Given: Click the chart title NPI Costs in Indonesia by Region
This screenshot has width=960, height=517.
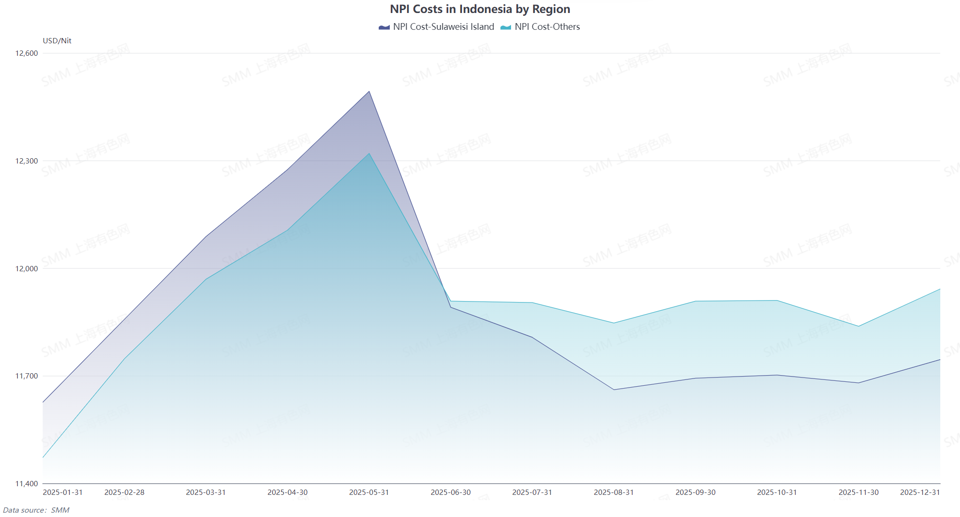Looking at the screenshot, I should tap(480, 9).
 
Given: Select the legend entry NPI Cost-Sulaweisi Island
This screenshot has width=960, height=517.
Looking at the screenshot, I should tap(436, 27).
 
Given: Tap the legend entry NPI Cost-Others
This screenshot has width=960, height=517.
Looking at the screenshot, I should tap(540, 27).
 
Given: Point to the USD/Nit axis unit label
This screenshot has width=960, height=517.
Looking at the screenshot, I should tap(57, 41).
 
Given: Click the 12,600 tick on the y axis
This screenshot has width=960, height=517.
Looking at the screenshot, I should tap(26, 53).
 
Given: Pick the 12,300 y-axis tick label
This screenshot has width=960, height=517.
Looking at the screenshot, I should tap(26, 161).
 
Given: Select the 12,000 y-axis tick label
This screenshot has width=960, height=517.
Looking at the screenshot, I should tap(26, 269).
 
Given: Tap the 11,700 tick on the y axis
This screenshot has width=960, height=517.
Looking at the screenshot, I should tap(26, 376).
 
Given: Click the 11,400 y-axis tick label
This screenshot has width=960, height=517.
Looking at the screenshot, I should tap(26, 484).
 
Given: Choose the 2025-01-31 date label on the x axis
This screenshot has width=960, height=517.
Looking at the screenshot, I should tap(63, 492).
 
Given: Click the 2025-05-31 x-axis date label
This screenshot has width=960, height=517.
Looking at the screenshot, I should tap(369, 492).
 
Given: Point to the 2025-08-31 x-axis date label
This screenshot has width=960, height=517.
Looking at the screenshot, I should tap(614, 492).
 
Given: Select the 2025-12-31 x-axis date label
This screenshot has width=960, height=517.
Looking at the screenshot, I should tap(920, 492).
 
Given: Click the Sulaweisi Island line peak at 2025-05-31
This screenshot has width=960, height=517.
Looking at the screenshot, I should tap(369, 91).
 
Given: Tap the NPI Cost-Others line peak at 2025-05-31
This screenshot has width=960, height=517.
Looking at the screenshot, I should tap(369, 153).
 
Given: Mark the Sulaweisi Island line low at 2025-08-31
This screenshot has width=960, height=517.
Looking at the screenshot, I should tap(614, 390).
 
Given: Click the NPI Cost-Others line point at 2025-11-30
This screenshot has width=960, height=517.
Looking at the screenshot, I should tap(858, 327).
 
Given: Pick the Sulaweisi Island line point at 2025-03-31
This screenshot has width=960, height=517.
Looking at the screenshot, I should tap(206, 237).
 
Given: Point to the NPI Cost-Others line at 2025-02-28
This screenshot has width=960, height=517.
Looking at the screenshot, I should tap(125, 358).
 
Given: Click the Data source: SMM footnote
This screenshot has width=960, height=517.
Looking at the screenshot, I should tap(36, 510).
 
